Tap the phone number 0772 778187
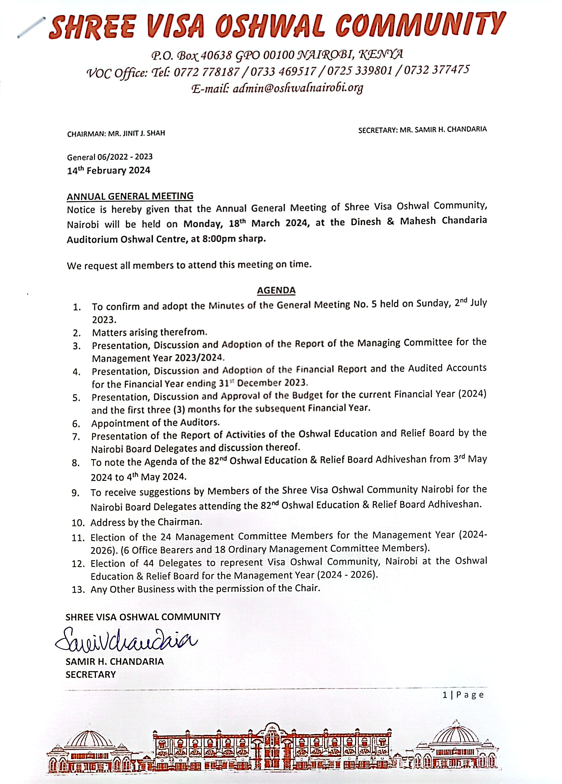click(x=206, y=72)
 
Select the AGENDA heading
click(x=276, y=290)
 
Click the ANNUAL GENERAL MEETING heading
click(x=130, y=196)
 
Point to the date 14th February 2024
click(x=108, y=170)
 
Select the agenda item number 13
click(x=78, y=590)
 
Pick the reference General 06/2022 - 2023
click(x=109, y=157)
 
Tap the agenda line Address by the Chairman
click(x=146, y=522)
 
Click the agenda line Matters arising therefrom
click(x=149, y=332)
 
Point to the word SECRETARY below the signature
click(x=91, y=675)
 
